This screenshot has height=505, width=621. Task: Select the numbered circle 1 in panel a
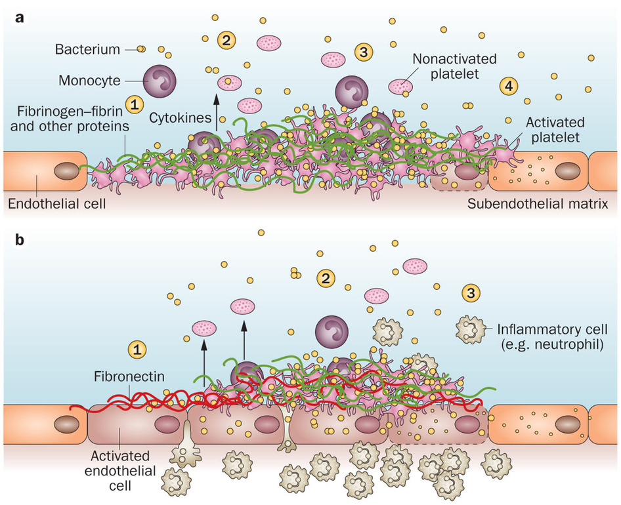[x=134, y=103]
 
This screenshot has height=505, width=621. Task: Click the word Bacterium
[x=87, y=49]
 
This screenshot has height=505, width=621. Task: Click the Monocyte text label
[x=89, y=81]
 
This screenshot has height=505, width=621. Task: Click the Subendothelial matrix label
[x=538, y=205]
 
